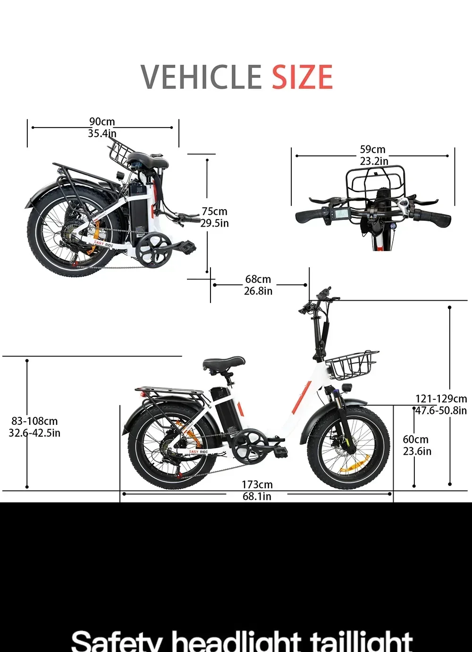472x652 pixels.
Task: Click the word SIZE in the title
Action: click(x=302, y=77)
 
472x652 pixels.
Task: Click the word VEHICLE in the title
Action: click(x=201, y=77)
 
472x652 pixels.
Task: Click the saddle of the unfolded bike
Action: click(x=224, y=363)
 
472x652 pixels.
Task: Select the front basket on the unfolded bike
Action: click(x=352, y=365)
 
